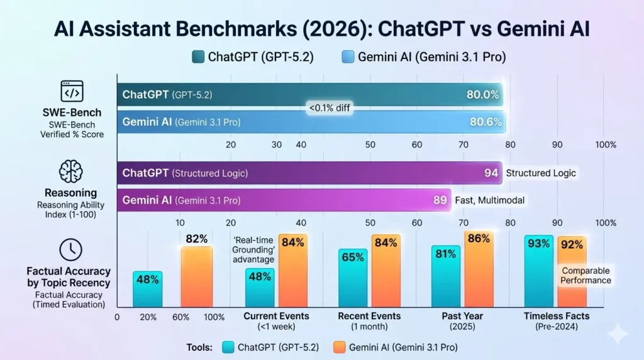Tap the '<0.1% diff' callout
coord(328,108)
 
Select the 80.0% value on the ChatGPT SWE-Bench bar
coord(482,95)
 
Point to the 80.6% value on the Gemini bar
coord(485,122)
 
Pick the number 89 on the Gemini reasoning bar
coord(440,201)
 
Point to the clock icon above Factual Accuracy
coord(70,250)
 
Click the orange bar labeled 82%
coord(197,276)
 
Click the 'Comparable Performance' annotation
coord(586,275)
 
